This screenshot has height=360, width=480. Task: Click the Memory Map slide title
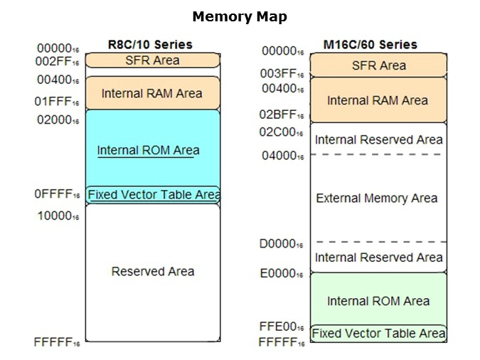click(240, 16)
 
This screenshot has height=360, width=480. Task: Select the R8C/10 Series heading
click(150, 44)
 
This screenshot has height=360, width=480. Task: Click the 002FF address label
click(58, 63)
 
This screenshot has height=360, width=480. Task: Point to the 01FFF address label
click(58, 102)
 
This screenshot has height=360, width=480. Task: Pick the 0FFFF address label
click(58, 194)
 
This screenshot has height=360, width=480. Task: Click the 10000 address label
click(58, 216)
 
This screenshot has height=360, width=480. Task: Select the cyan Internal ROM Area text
click(148, 150)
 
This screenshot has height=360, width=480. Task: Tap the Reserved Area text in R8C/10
click(152, 271)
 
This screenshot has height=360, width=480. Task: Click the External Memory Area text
click(376, 198)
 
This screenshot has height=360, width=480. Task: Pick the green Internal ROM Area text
click(378, 301)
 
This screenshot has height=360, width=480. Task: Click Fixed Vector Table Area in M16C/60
click(378, 333)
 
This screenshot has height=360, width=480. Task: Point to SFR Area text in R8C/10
click(152, 60)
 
